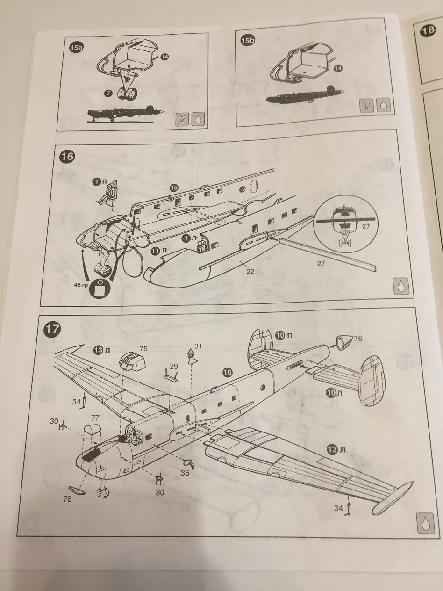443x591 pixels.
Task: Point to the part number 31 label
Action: pyautogui.click(x=198, y=346)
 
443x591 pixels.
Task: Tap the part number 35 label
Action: pyautogui.click(x=185, y=473)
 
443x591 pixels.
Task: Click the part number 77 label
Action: pyautogui.click(x=96, y=417)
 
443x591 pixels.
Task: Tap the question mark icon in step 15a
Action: pyautogui.click(x=182, y=119)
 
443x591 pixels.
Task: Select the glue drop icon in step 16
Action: pyautogui.click(x=400, y=286)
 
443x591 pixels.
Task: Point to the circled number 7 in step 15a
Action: pyautogui.click(x=108, y=94)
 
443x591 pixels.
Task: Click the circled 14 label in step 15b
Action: pyautogui.click(x=338, y=68)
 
